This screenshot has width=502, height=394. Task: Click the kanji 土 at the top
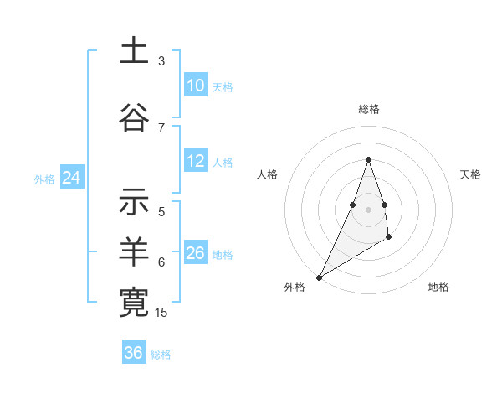click(x=134, y=51)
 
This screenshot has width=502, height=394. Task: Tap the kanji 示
click(x=134, y=201)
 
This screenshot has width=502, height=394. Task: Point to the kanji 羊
click(x=134, y=251)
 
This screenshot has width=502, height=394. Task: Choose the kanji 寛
click(x=134, y=301)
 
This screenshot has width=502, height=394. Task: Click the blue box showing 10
click(x=196, y=86)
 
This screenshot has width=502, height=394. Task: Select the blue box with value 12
click(x=196, y=161)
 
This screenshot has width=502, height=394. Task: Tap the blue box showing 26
click(x=196, y=253)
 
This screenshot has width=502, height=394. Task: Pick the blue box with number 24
click(x=71, y=178)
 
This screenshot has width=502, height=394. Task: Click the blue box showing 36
click(x=134, y=353)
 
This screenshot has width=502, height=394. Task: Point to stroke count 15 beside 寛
click(x=161, y=313)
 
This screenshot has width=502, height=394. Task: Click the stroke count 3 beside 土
click(x=161, y=61)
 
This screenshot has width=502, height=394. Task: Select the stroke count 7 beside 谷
click(x=161, y=128)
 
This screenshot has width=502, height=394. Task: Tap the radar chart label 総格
click(x=368, y=109)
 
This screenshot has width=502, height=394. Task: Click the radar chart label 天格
click(x=470, y=174)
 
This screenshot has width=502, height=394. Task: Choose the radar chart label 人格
click(x=267, y=174)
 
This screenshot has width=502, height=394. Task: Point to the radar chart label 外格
click(x=295, y=288)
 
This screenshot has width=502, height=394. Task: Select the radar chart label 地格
click(x=438, y=288)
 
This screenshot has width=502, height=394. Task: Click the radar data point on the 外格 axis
click(x=319, y=277)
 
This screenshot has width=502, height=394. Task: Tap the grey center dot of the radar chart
click(x=368, y=209)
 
